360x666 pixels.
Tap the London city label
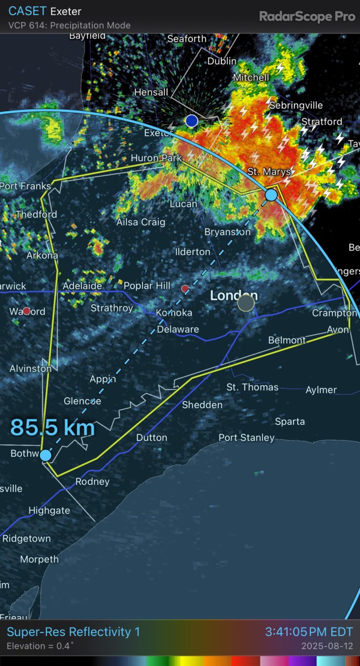tap(233, 296)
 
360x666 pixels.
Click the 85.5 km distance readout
tap(52, 427)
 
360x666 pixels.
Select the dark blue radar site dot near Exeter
tap(191, 121)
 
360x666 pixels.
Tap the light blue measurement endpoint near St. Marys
tap(271, 195)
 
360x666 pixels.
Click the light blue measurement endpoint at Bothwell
tap(45, 455)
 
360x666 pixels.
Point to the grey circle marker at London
tap(246, 303)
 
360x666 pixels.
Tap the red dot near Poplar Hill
tap(185, 288)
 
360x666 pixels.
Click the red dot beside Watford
tap(27, 311)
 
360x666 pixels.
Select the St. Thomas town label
tap(252, 387)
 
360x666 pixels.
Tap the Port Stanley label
tap(247, 438)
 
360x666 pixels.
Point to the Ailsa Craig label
tap(141, 222)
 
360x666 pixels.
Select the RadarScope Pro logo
tap(307, 16)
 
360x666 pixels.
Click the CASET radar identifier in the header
tap(26, 11)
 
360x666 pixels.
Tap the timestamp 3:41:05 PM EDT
tap(309, 632)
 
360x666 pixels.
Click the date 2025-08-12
tap(327, 646)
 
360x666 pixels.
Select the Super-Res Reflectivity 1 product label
tap(73, 632)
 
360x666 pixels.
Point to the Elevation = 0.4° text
tap(40, 646)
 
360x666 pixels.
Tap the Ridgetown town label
tap(26, 539)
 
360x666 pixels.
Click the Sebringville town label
tap(296, 105)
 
